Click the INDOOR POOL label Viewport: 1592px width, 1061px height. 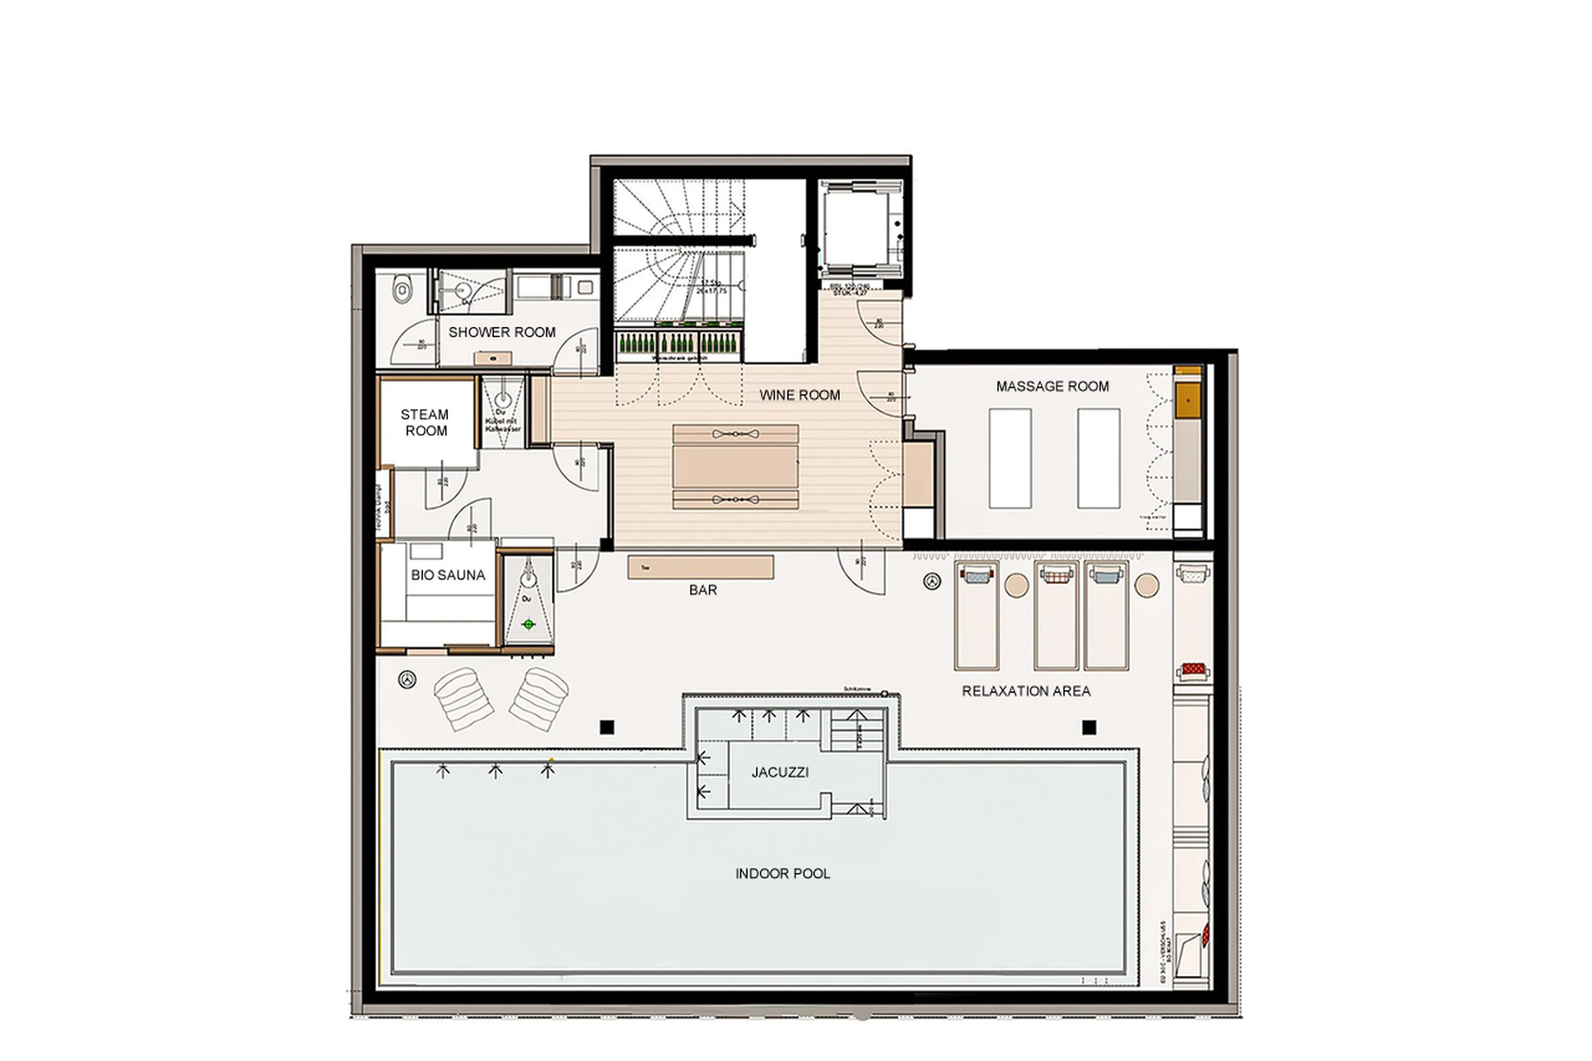(x=782, y=874)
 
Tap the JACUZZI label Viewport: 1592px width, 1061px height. (x=779, y=772)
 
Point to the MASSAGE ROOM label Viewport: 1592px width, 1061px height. (x=1052, y=386)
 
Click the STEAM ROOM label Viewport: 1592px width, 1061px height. (x=425, y=422)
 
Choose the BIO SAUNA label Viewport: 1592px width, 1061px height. (x=448, y=575)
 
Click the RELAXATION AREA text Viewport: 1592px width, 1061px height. (x=1026, y=691)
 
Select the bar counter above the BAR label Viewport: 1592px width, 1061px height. (x=700, y=567)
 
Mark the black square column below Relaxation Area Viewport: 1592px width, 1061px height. (x=1089, y=727)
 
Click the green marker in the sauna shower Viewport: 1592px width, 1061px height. (x=529, y=624)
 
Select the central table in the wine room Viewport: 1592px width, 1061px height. (x=735, y=466)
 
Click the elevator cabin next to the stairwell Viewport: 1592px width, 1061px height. (x=859, y=230)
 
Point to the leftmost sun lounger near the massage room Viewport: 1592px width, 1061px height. (x=976, y=616)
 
